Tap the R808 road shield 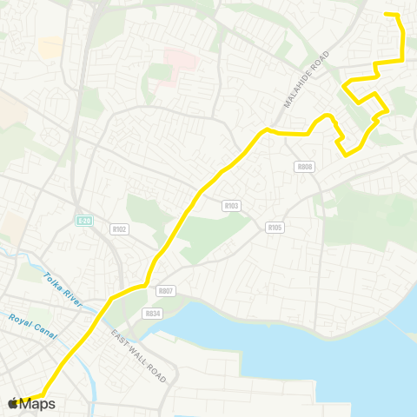(304, 167)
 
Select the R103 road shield (230, 206)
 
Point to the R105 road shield (275, 228)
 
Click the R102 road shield (120, 229)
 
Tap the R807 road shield (167, 292)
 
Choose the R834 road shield (153, 314)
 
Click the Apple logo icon (13, 402)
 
